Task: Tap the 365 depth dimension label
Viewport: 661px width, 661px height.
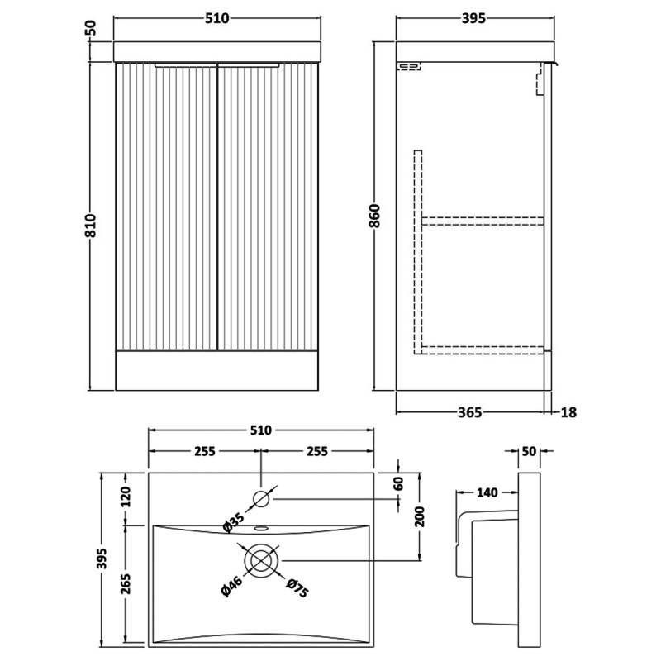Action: point(468,411)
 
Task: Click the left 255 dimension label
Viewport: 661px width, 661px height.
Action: point(205,451)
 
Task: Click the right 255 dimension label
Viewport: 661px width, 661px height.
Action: point(317,451)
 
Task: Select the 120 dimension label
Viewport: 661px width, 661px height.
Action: point(126,498)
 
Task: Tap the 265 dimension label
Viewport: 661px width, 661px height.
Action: point(126,584)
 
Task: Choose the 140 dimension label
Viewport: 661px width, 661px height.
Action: point(487,493)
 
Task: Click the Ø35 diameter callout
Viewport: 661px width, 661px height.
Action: point(235,521)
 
